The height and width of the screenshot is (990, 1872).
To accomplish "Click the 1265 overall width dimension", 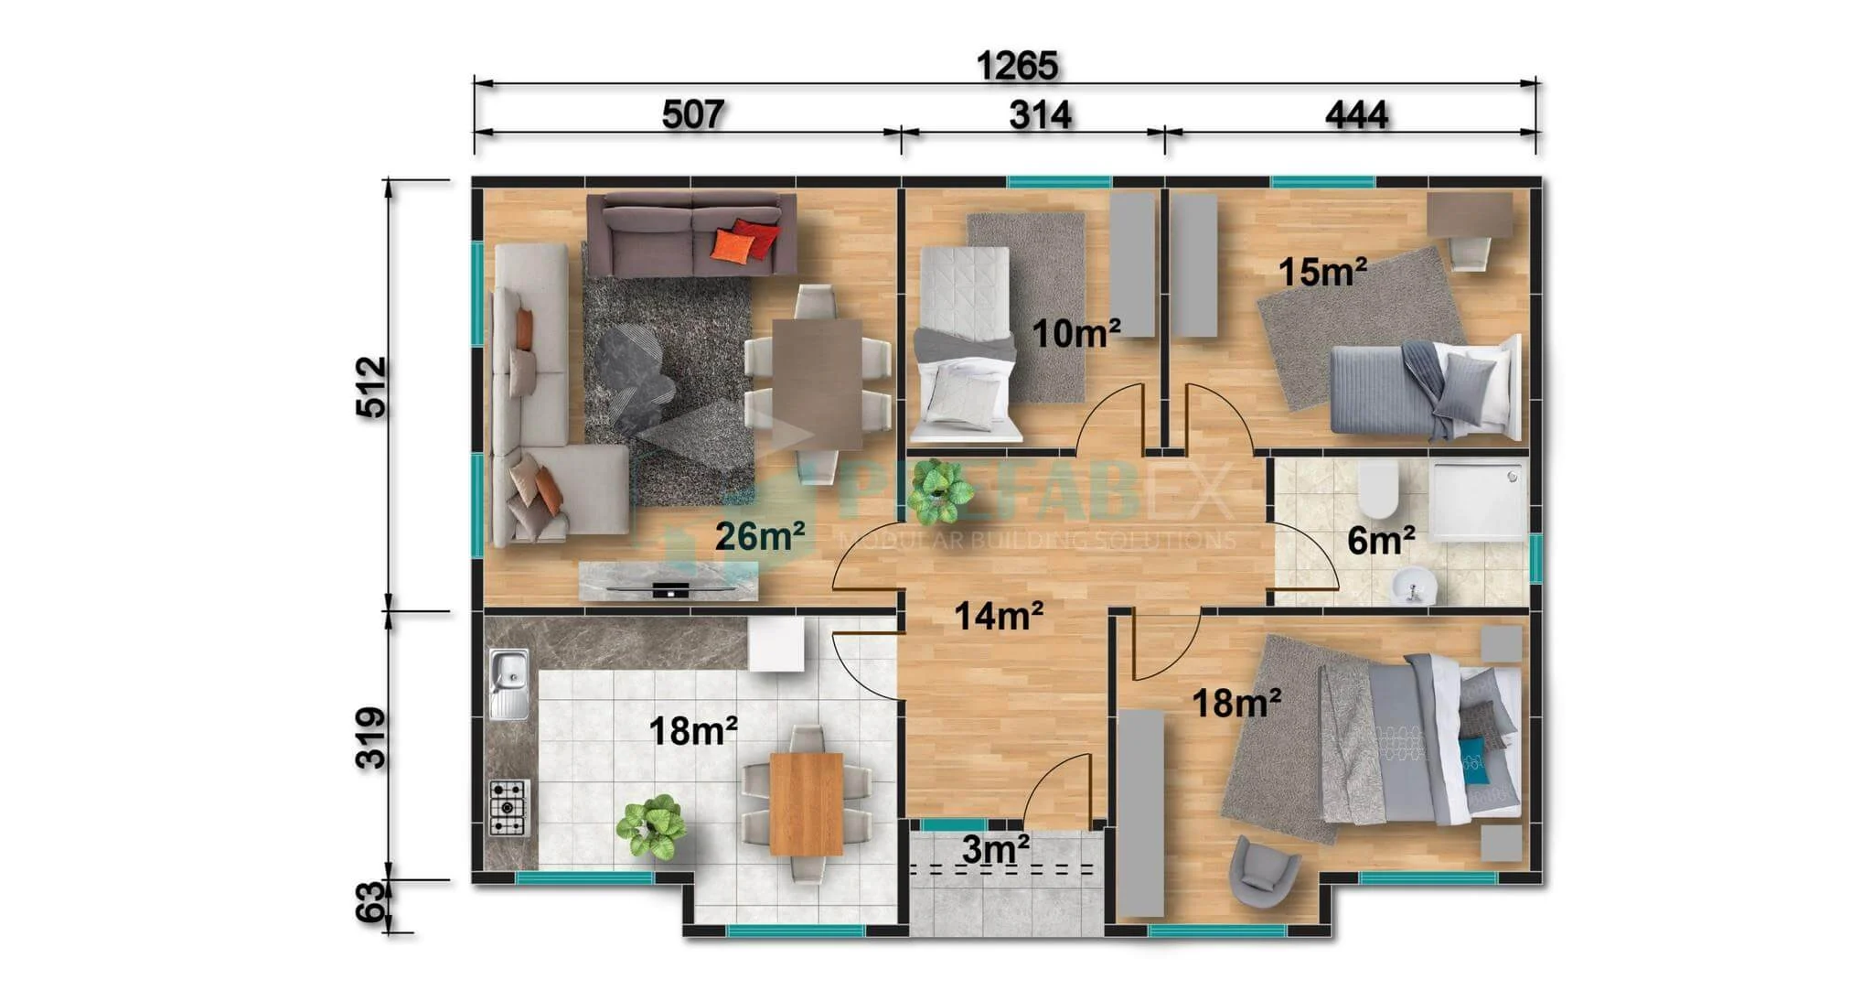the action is click(x=1017, y=66).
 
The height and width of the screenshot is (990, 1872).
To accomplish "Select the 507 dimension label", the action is click(x=693, y=115).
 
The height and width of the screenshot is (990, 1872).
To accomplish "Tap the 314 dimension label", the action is click(x=1040, y=115).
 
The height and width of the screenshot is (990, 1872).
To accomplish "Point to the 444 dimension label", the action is click(x=1356, y=115).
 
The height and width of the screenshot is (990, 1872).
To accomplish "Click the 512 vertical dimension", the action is click(x=371, y=387).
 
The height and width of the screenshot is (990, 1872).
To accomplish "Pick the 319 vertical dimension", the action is click(x=371, y=737).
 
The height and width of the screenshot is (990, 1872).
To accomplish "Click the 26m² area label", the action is click(x=760, y=536).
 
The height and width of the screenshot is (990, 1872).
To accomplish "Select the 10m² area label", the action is click(x=1076, y=334).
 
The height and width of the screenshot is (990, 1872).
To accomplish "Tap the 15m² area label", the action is click(x=1322, y=272).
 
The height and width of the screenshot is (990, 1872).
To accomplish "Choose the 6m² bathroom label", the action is click(x=1381, y=541).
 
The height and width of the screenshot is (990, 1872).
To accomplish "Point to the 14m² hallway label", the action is click(x=999, y=617).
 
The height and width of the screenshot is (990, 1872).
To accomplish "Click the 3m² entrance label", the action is click(x=996, y=850).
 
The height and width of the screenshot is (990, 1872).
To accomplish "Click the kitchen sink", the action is click(x=508, y=683).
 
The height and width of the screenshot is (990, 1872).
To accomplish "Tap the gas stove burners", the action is click(x=508, y=807).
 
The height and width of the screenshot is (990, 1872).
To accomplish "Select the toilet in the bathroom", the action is click(x=1377, y=490).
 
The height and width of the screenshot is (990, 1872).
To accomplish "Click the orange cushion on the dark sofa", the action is click(x=733, y=246).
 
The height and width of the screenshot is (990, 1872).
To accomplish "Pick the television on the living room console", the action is click(x=670, y=588).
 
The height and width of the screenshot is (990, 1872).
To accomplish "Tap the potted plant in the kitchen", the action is click(x=651, y=826).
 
